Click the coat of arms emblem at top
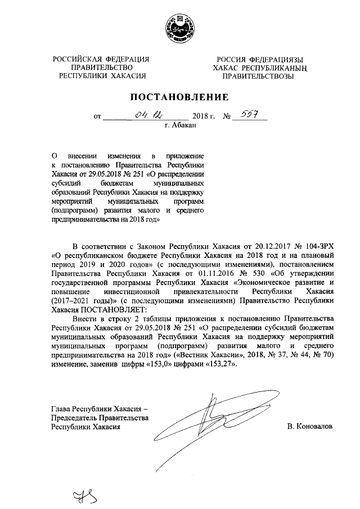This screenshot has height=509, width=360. (x=180, y=28)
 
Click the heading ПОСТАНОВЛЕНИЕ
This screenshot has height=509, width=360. (x=180, y=96)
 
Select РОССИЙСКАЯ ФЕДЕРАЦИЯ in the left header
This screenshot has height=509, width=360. (x=101, y=60)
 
